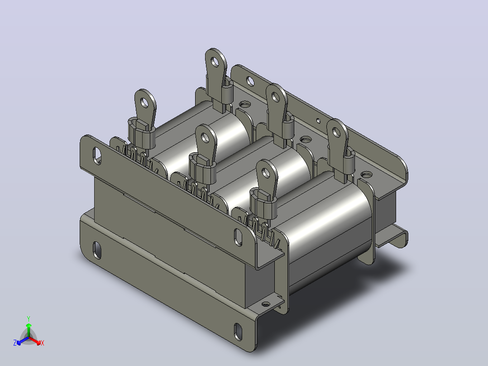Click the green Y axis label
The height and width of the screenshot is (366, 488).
(x=29, y=318)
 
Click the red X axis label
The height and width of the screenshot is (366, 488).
(x=43, y=343)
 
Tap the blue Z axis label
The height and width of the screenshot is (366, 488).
(x=15, y=343)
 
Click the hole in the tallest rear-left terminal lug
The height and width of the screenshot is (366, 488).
(x=215, y=62)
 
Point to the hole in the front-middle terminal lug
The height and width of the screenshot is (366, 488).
(x=205, y=137)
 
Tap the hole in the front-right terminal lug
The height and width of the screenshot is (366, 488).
(x=265, y=173)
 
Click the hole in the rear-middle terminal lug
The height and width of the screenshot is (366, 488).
(x=275, y=97)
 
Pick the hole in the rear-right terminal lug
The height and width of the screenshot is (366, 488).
(x=336, y=132)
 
